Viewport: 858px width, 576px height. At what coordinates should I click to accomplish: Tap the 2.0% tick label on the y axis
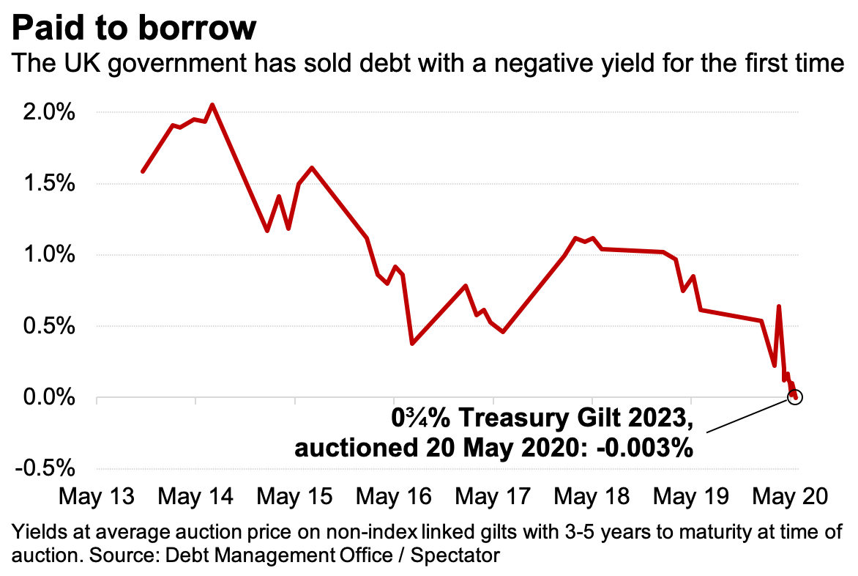click(x=51, y=113)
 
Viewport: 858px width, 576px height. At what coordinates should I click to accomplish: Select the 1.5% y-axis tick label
click(x=51, y=184)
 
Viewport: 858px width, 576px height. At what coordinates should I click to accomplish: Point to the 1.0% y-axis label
click(x=51, y=255)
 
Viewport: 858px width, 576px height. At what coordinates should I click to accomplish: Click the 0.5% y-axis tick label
click(x=51, y=326)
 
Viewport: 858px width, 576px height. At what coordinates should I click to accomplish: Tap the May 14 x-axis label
click(x=195, y=497)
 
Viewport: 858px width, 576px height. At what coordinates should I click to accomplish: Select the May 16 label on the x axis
click(x=394, y=497)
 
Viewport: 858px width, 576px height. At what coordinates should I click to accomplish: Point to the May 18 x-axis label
click(x=592, y=497)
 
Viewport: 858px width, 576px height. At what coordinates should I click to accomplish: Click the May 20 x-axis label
click(x=791, y=497)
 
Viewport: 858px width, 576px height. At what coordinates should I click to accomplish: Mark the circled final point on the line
click(x=796, y=397)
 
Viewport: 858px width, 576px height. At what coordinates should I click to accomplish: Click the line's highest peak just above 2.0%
click(x=212, y=105)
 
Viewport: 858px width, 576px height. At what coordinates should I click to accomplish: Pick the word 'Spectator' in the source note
click(x=455, y=554)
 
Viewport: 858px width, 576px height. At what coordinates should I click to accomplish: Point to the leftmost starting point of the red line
click(x=143, y=171)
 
